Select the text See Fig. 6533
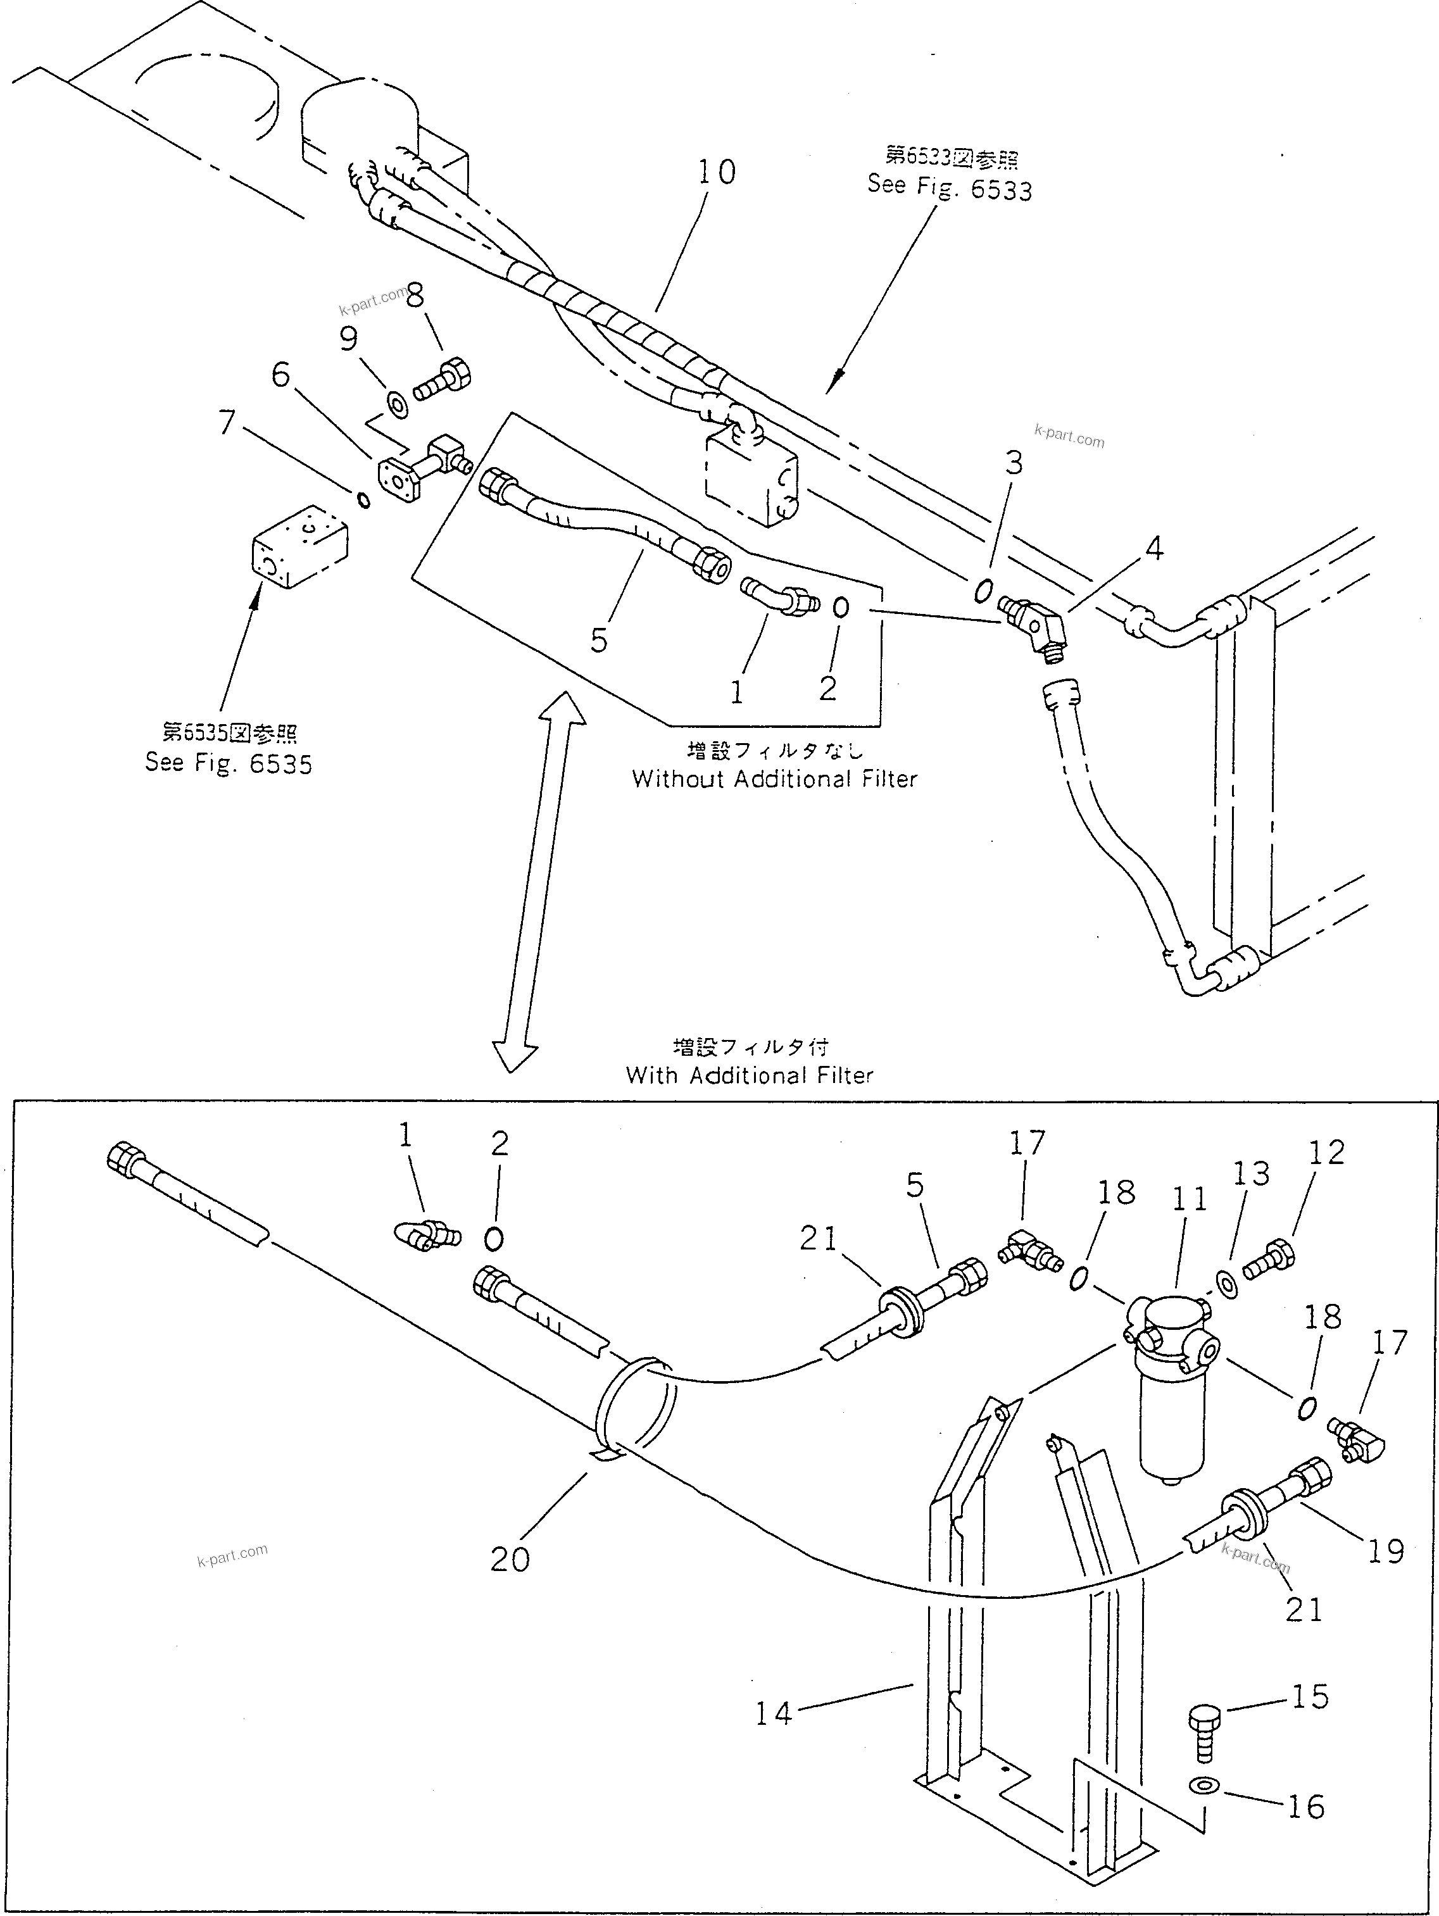950,187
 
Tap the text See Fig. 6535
229,763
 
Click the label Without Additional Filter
774,779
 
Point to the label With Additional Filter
750,1075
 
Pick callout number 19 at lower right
1385,1551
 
